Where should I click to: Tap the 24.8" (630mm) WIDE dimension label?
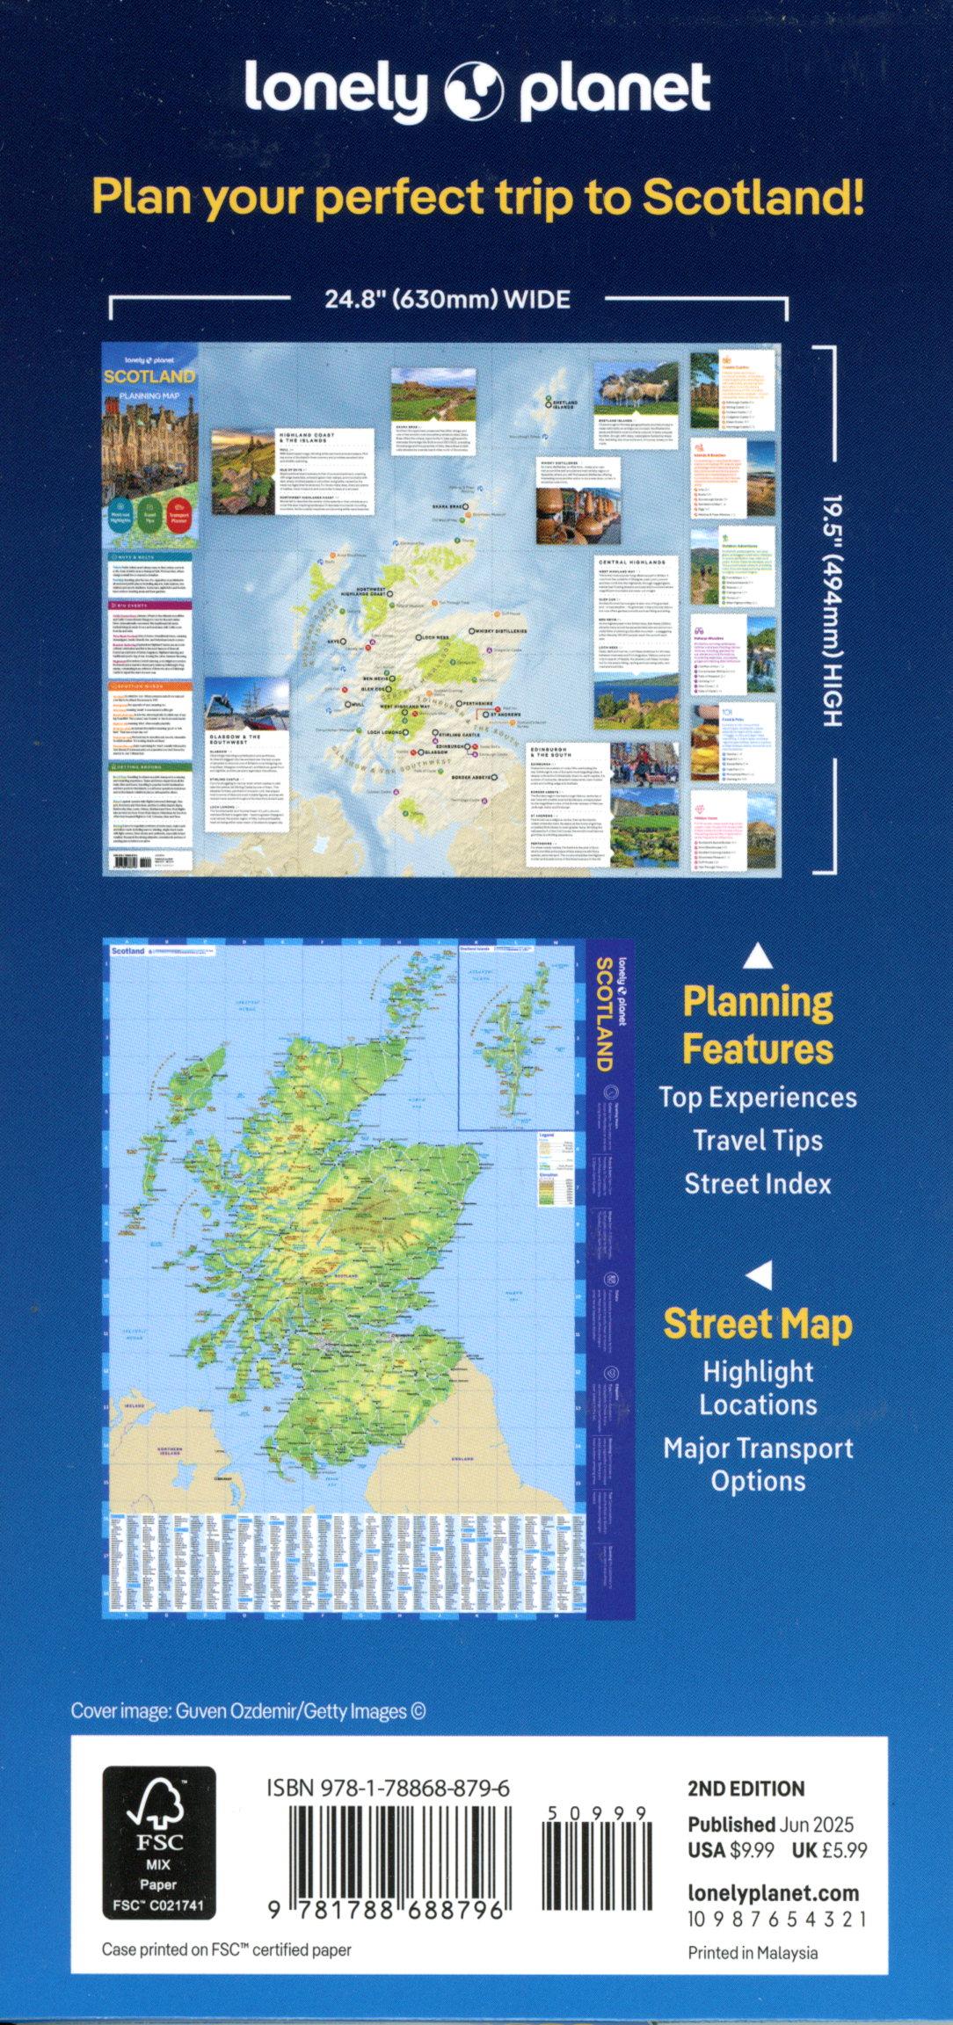tap(447, 300)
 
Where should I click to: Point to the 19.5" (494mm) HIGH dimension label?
tap(832, 610)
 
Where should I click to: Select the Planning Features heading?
tap(758, 1026)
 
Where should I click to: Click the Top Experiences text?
tap(758, 1098)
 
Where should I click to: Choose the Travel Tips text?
tap(758, 1141)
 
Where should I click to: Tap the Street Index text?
tap(758, 1184)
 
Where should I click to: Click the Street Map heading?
tap(758, 1325)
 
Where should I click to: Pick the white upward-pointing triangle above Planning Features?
tap(758, 956)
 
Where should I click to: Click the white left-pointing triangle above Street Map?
tap(760, 1274)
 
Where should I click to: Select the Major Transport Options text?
tap(758, 1464)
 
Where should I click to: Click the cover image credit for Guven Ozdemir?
tap(249, 1711)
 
